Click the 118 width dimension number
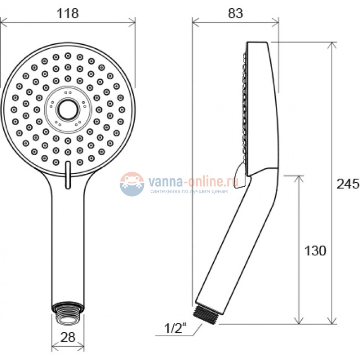coord(68,13)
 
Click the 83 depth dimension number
coord(235,13)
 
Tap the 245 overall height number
coord(348,184)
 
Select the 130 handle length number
coord(315,251)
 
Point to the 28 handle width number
coord(68,337)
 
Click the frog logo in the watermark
coord(132,184)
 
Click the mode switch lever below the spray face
coord(68,175)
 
